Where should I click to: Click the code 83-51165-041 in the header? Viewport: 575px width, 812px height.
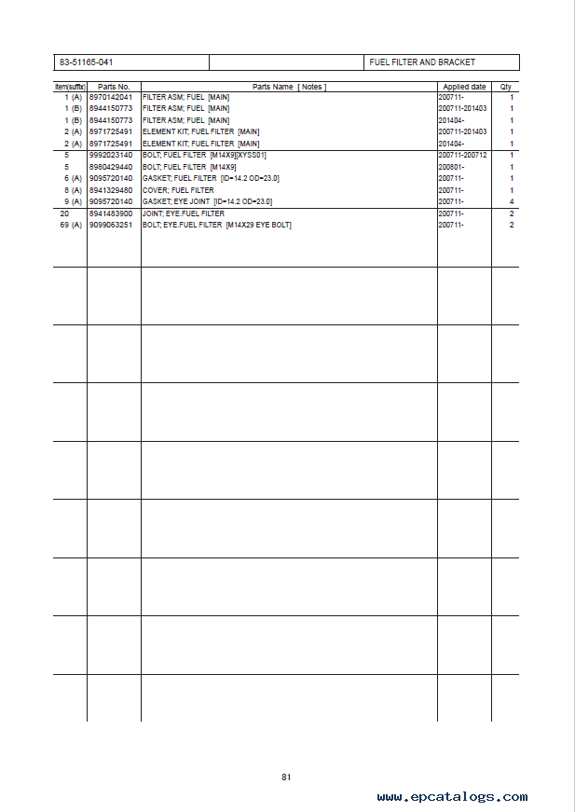[x=86, y=62]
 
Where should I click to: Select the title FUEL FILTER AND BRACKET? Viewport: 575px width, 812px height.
[x=422, y=62]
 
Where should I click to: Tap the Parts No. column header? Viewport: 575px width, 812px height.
[x=114, y=87]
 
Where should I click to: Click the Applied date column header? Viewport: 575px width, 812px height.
[x=464, y=87]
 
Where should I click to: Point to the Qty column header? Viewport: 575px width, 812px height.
[x=506, y=87]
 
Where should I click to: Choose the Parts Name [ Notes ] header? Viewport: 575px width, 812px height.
[x=288, y=87]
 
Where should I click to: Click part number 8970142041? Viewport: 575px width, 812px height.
[x=111, y=97]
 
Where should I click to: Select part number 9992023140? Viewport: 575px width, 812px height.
[x=111, y=155]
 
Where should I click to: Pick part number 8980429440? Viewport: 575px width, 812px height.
[x=111, y=167]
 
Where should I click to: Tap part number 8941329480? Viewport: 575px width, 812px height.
[x=111, y=190]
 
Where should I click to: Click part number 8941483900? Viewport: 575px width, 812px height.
[x=111, y=213]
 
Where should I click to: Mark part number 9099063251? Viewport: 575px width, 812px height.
[x=111, y=225]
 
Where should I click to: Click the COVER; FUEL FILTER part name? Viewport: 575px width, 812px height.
[x=178, y=190]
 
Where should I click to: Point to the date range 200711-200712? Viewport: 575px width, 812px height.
[x=462, y=155]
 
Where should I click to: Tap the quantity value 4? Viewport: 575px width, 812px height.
[x=512, y=201]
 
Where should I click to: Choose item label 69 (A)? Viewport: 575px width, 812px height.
[x=70, y=225]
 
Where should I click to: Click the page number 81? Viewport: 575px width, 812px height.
[x=287, y=777]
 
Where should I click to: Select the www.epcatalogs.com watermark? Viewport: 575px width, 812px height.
[x=452, y=797]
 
